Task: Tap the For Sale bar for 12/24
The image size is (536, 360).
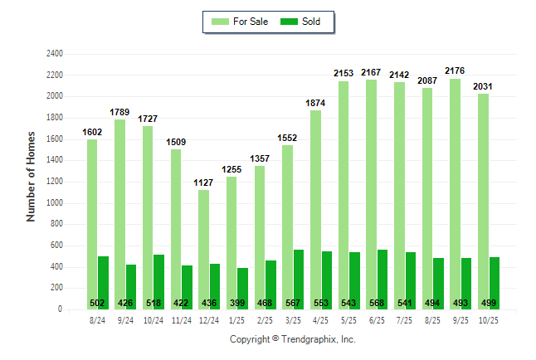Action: pos(203,249)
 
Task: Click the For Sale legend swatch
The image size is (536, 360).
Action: pos(221,22)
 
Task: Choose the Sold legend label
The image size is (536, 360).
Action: pos(311,22)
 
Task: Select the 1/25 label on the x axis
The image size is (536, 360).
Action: pos(237,319)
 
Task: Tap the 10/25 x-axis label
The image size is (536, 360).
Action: pos(490,319)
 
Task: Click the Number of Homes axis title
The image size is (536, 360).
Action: pos(32,176)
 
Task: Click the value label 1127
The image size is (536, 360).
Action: pos(203,183)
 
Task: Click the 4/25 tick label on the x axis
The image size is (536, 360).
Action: pos(321,319)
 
